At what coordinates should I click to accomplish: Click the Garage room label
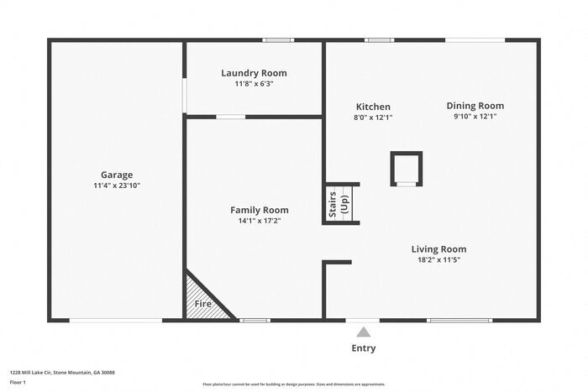click(x=117, y=175)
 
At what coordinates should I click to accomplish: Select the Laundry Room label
click(x=254, y=73)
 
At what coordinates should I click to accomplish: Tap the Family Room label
click(x=260, y=210)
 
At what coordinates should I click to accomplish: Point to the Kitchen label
click(x=373, y=107)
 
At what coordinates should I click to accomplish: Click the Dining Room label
click(x=475, y=106)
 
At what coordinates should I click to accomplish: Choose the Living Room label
click(x=438, y=248)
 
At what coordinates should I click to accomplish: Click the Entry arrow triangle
click(x=363, y=332)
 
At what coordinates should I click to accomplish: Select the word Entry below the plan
click(x=363, y=348)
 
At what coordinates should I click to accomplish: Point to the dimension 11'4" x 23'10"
click(x=117, y=186)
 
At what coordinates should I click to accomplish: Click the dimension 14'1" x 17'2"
click(x=260, y=221)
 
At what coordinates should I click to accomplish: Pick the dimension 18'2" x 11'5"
click(x=438, y=259)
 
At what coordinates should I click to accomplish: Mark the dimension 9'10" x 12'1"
click(x=475, y=117)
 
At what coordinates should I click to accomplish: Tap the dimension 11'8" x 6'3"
click(x=254, y=84)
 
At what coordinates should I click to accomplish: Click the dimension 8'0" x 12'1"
click(x=374, y=118)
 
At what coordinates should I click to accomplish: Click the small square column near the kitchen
click(x=407, y=168)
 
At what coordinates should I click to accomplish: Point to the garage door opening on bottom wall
click(x=115, y=320)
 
